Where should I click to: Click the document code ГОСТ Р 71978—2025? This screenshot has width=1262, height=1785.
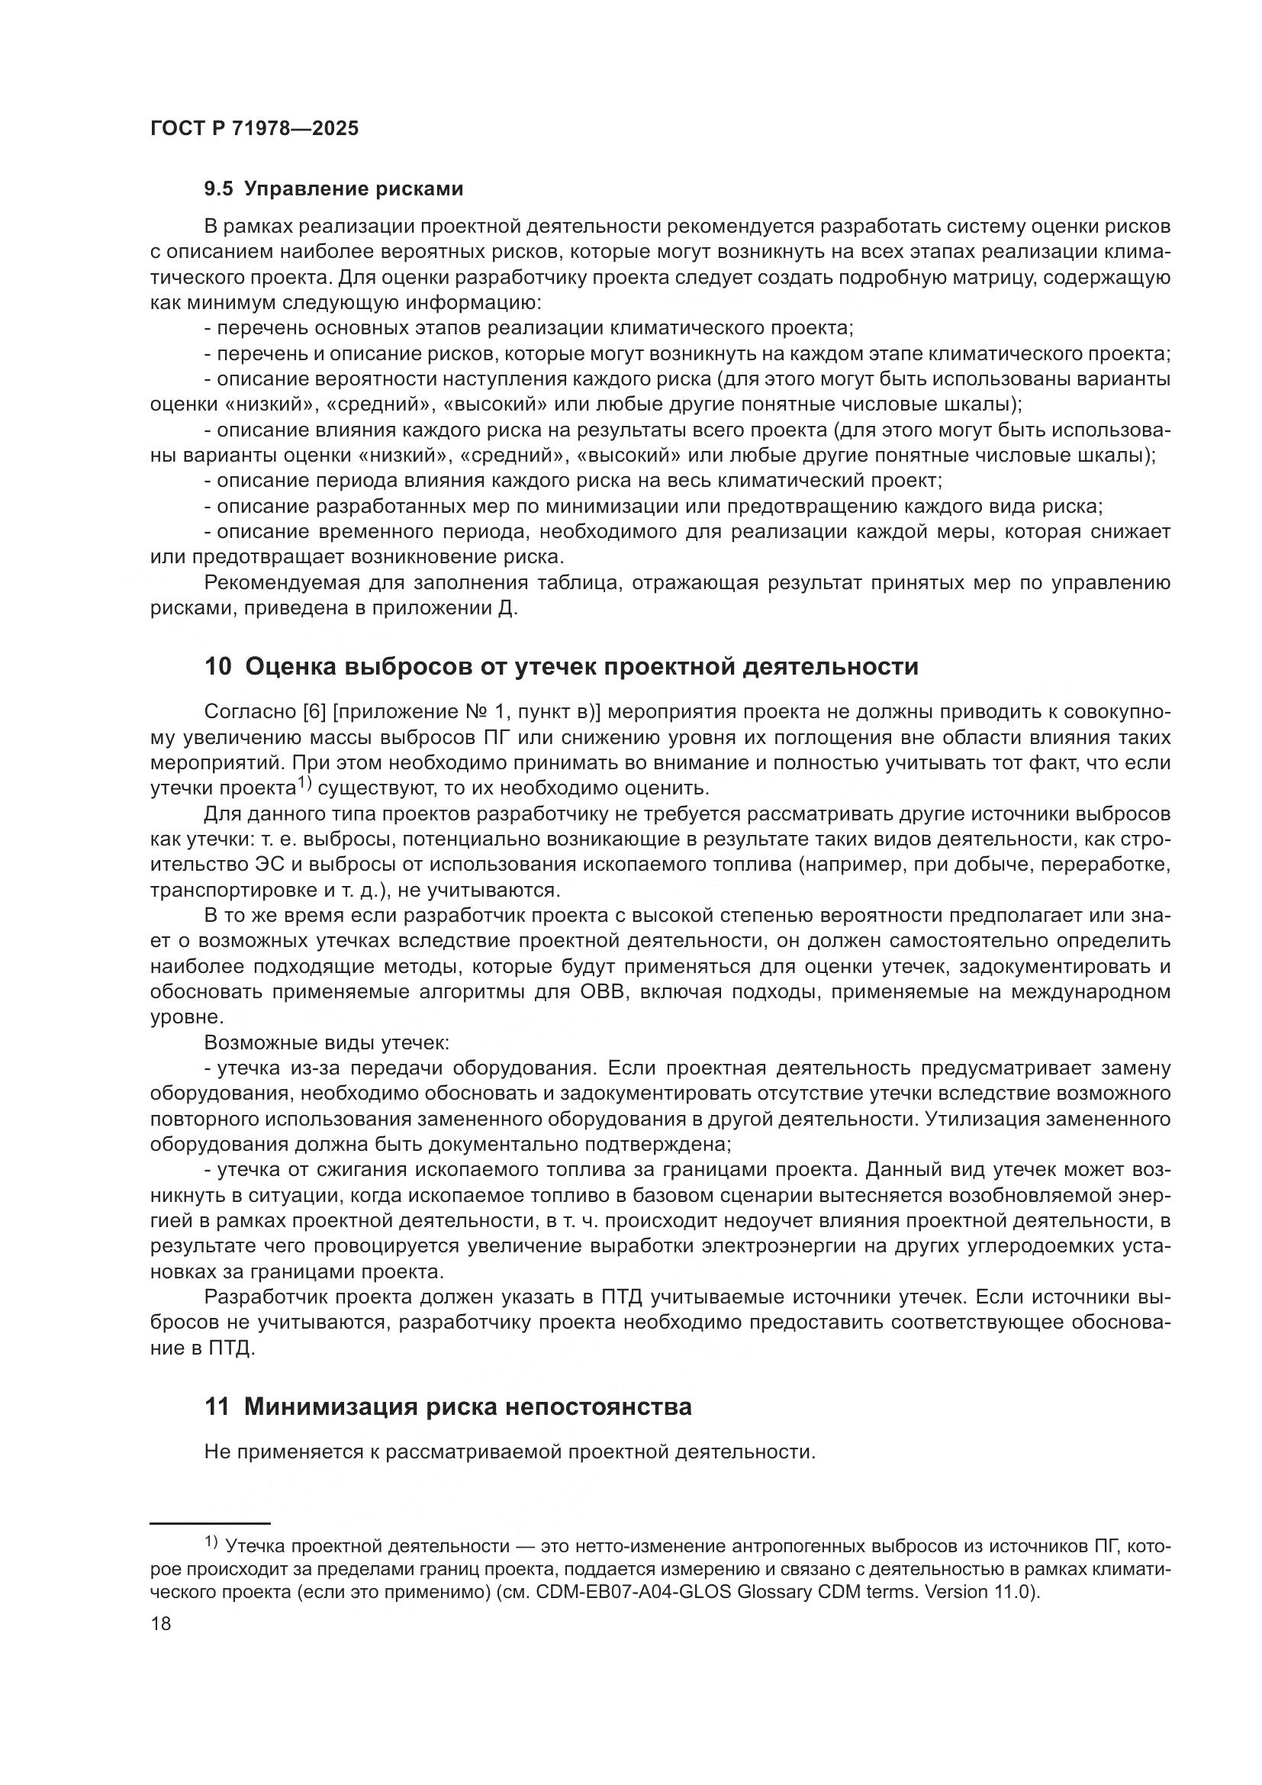pyautogui.click(x=254, y=128)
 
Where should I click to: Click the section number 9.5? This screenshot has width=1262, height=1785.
pyautogui.click(x=218, y=189)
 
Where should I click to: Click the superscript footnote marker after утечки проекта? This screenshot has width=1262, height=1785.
pyautogui.click(x=303, y=785)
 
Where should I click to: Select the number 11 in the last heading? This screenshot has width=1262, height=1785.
pyautogui.click(x=217, y=1407)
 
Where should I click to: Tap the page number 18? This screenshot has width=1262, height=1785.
pyautogui.click(x=161, y=1624)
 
